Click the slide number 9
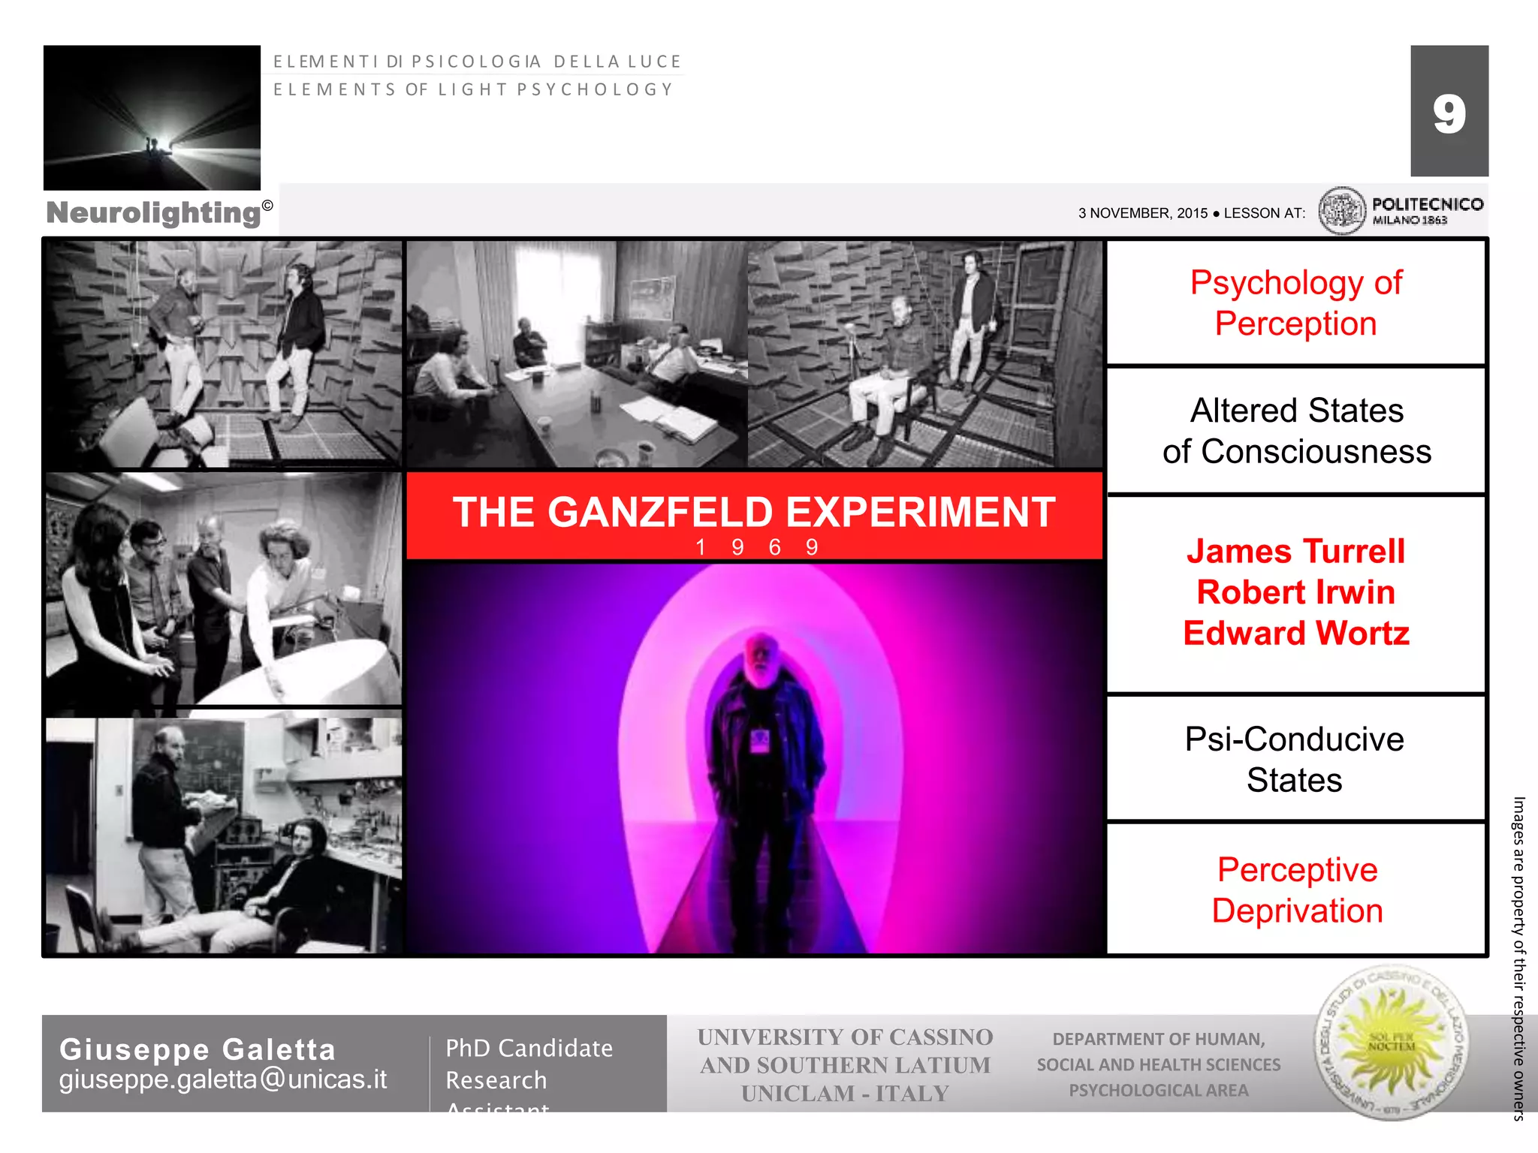(x=1449, y=114)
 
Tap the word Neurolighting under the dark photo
(x=154, y=212)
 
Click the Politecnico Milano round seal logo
(x=1341, y=210)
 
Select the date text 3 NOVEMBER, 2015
(x=1142, y=213)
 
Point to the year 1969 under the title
(x=755, y=547)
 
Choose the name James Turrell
(x=1295, y=552)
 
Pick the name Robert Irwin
(x=1295, y=592)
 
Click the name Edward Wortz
(x=1295, y=634)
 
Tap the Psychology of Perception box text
(x=1295, y=303)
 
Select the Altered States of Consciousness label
(x=1296, y=431)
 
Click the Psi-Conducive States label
(x=1295, y=760)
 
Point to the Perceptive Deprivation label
(x=1297, y=890)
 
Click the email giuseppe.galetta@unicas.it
(x=223, y=1079)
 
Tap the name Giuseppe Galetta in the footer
(x=198, y=1049)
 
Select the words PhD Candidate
(x=529, y=1048)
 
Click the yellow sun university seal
(x=1391, y=1043)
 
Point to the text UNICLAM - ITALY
(x=845, y=1094)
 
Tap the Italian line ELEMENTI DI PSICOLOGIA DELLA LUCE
(x=477, y=62)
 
